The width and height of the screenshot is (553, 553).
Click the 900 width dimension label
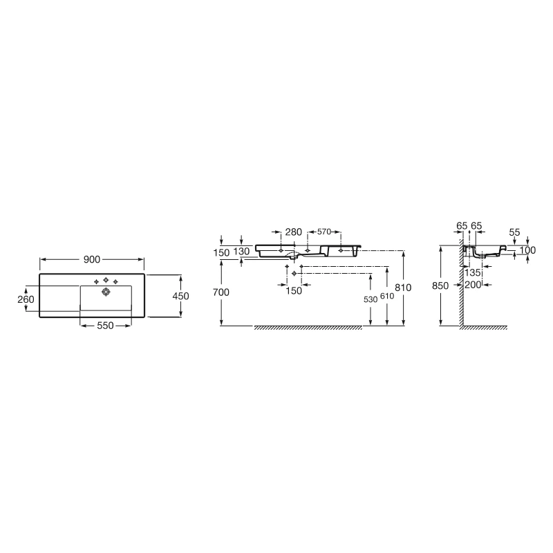[92, 259]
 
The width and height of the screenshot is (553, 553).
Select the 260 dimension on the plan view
[26, 299]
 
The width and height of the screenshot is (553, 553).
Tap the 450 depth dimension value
[180, 295]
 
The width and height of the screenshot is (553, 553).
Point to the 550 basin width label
[105, 326]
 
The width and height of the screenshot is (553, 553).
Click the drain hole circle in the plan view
[106, 292]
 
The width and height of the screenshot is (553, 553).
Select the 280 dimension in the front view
[293, 232]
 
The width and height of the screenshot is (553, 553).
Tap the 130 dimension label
[241, 252]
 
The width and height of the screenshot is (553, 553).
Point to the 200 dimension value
[473, 285]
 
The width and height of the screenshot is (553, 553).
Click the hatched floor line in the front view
[308, 328]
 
